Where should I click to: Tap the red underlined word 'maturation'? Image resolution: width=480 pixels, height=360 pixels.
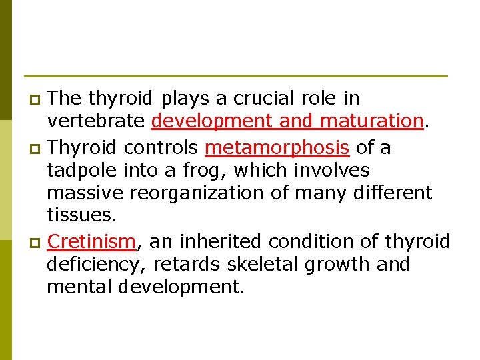click(x=372, y=122)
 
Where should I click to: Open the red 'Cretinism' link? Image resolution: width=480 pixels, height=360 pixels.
click(x=92, y=241)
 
